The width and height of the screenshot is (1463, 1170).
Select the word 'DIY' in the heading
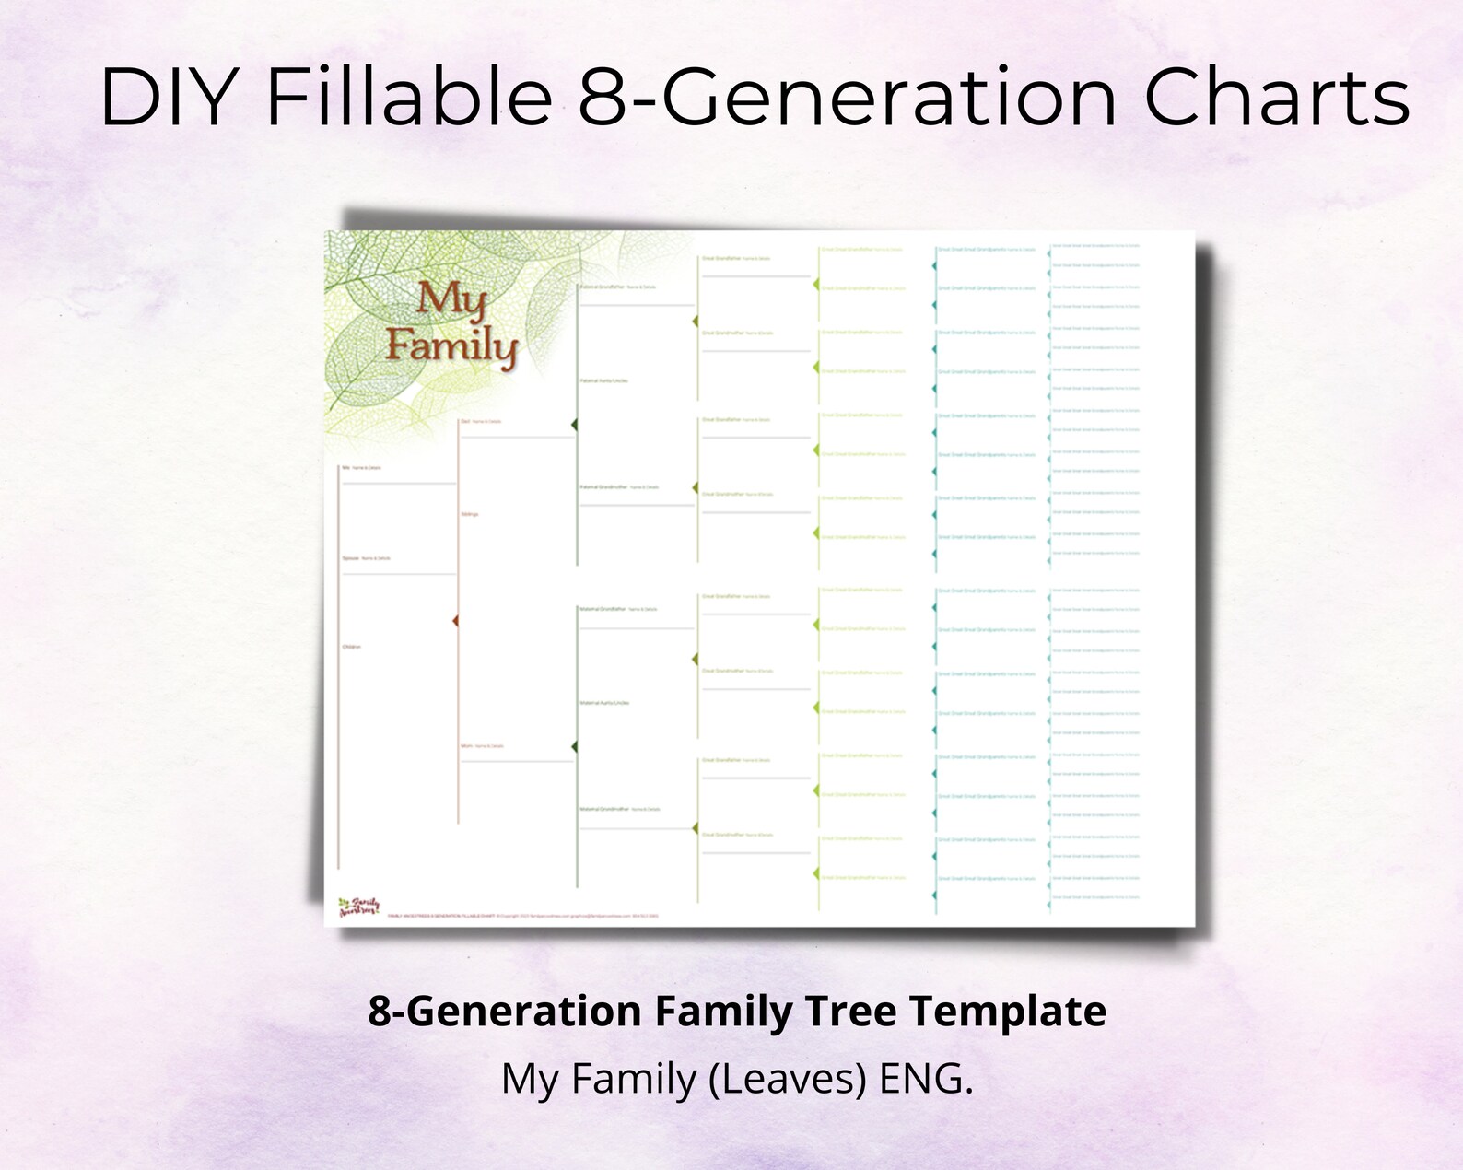pyautogui.click(x=166, y=98)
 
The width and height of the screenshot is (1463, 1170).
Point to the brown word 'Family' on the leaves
pyautogui.click(x=451, y=345)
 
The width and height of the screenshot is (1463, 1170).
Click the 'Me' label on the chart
pyautogui.click(x=345, y=468)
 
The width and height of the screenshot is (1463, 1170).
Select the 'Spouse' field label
pyautogui.click(x=350, y=558)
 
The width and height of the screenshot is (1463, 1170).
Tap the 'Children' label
pyautogui.click(x=351, y=647)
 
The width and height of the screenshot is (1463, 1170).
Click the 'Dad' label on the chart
pyautogui.click(x=465, y=421)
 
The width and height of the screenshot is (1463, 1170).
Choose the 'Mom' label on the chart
pyautogui.click(x=466, y=745)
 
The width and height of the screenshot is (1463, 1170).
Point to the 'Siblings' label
pyautogui.click(x=469, y=514)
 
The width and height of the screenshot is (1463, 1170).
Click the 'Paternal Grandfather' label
pyautogui.click(x=602, y=287)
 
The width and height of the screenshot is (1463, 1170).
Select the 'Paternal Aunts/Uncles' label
pyautogui.click(x=603, y=380)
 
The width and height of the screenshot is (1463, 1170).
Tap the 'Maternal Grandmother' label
pyautogui.click(x=603, y=809)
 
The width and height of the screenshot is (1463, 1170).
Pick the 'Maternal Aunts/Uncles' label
pyautogui.click(x=604, y=703)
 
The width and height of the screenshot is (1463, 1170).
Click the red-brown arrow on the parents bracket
pyautogui.click(x=455, y=622)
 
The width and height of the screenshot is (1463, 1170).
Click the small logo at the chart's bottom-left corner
pyautogui.click(x=358, y=907)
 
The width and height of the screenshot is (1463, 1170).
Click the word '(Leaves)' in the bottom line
pyautogui.click(x=789, y=1079)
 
